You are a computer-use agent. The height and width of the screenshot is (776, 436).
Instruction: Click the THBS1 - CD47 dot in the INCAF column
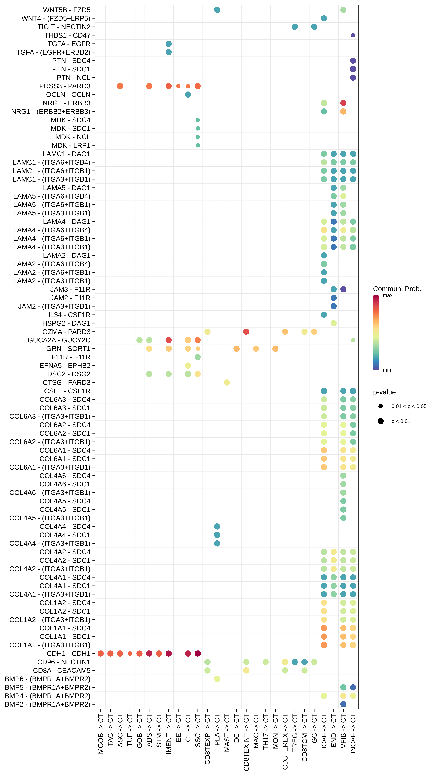click(x=353, y=35)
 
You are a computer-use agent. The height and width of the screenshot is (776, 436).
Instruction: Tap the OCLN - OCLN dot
click(x=188, y=95)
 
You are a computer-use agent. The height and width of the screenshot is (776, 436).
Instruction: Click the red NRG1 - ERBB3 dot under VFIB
click(x=343, y=103)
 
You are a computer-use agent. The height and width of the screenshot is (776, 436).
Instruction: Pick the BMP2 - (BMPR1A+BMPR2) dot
click(x=343, y=704)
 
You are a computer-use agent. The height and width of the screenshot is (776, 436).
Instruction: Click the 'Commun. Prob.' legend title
click(x=397, y=289)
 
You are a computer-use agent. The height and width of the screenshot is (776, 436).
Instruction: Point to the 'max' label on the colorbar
click(x=388, y=296)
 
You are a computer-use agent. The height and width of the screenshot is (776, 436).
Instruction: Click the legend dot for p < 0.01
click(x=381, y=421)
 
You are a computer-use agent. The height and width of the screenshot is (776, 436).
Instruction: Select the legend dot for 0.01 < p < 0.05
click(x=381, y=406)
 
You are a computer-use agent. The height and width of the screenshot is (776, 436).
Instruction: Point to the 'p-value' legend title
click(x=384, y=392)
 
